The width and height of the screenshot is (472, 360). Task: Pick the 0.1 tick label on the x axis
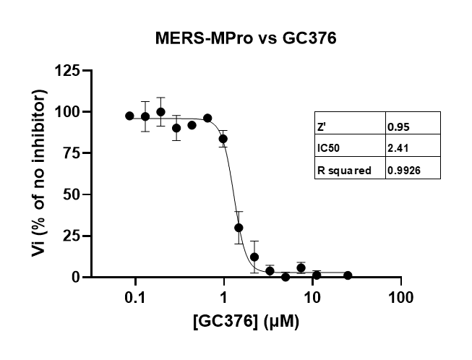[134, 296]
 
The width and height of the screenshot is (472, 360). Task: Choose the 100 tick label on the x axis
[401, 296]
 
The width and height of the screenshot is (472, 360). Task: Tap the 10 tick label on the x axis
[312, 296]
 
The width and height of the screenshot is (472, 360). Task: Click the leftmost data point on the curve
[129, 116]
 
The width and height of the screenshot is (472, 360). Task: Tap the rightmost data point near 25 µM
[348, 275]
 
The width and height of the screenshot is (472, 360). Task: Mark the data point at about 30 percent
[239, 228]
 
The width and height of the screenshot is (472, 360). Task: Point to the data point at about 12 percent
[254, 257]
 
